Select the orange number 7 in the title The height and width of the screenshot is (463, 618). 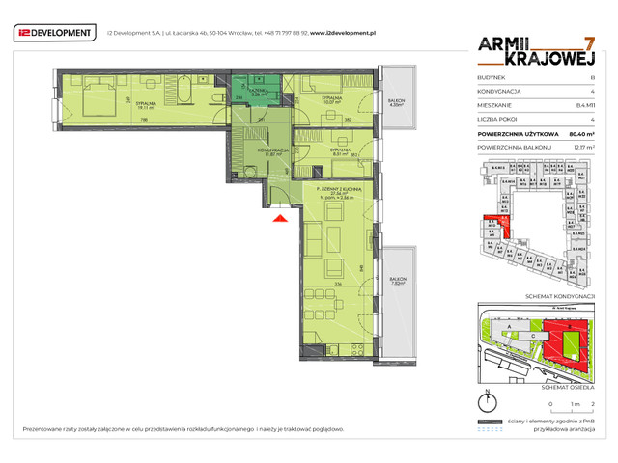click(589, 44)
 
